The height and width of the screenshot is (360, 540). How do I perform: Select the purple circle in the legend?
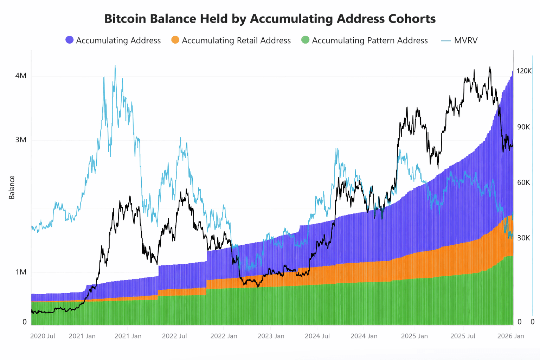(70, 40)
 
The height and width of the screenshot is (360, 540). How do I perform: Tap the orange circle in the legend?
(175, 40)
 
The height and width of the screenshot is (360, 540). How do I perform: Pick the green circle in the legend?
(305, 40)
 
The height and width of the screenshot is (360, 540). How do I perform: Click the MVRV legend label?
(465, 40)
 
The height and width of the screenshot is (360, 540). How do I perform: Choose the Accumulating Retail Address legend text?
(236, 40)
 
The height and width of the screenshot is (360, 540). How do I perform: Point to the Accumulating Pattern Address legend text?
(369, 40)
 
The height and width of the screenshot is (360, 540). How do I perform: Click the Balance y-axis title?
(12, 187)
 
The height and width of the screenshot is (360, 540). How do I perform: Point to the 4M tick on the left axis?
(21, 76)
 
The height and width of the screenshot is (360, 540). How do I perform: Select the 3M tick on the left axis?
(21, 140)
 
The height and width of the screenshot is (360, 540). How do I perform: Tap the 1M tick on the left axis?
(21, 272)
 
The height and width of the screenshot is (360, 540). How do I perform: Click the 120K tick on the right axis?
(524, 71)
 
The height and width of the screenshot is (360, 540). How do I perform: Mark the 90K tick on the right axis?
(523, 127)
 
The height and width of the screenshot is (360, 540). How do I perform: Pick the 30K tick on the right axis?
(523, 238)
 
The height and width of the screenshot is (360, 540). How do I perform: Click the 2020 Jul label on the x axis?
(43, 336)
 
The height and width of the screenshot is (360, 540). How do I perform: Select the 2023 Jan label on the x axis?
(271, 336)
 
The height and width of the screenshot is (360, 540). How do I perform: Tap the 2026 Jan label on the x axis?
(510, 336)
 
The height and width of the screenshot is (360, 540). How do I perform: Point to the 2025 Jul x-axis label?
(463, 336)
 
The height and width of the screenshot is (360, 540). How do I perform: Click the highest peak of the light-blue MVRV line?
(115, 65)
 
